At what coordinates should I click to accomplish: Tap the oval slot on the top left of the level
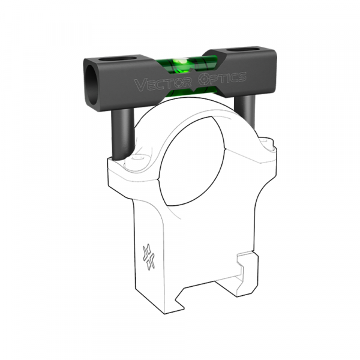click(x=109, y=60)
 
